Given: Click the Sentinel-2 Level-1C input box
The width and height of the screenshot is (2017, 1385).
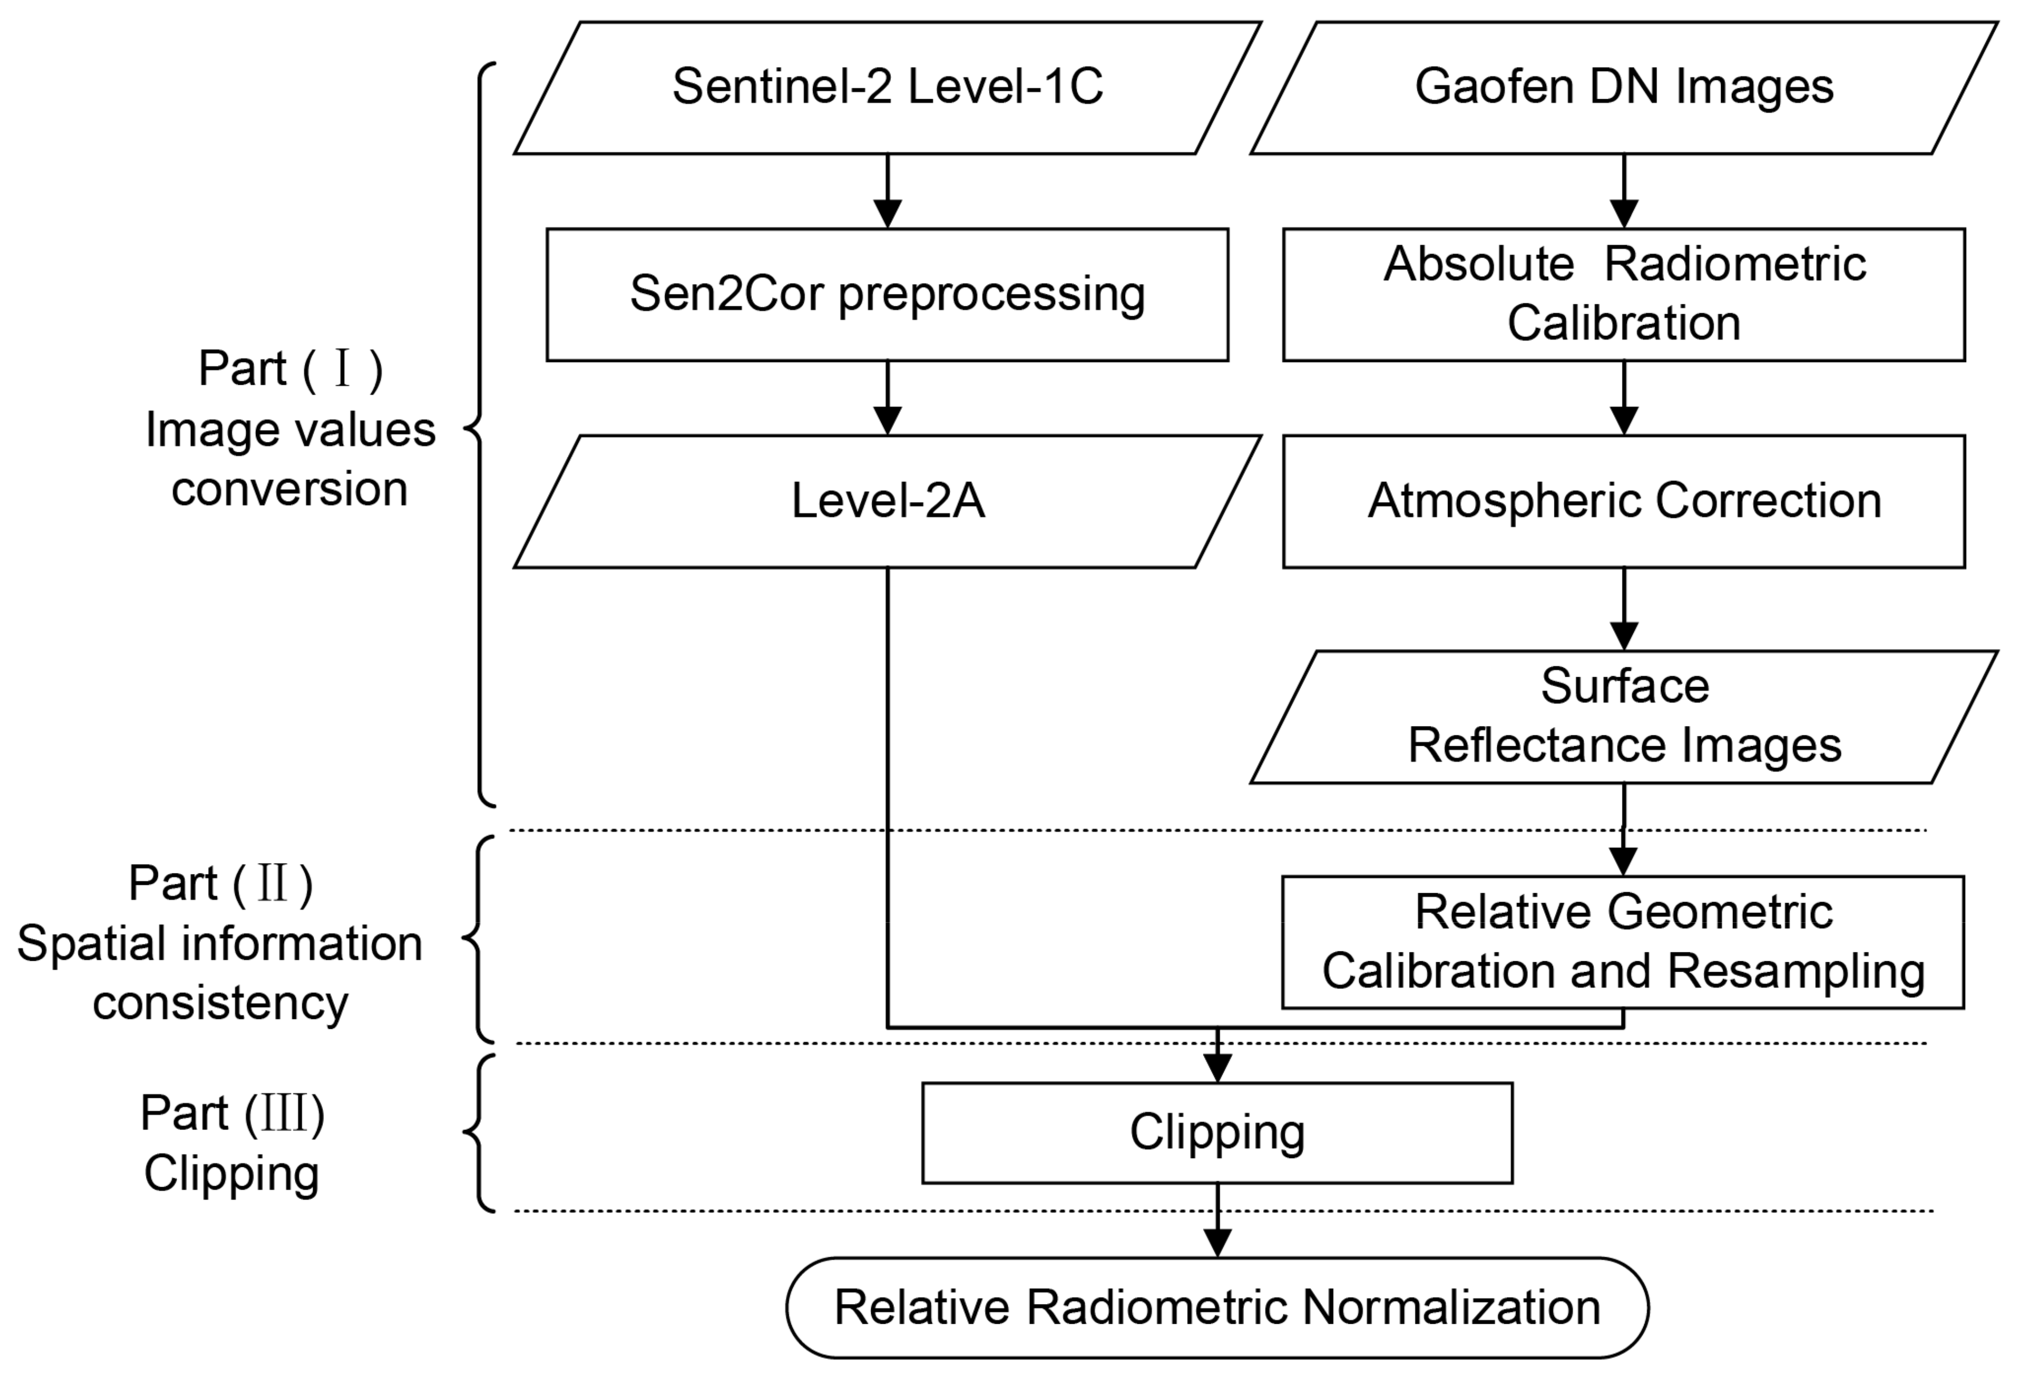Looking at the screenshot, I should (x=887, y=88).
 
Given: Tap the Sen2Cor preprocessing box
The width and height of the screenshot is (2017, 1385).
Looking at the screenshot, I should (x=887, y=294).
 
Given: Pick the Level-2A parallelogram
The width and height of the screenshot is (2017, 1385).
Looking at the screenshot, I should (x=887, y=501).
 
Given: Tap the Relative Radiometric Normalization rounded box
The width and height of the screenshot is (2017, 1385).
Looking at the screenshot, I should (x=1217, y=1308).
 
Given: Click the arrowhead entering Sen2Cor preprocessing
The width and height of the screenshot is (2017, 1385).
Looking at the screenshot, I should (x=887, y=213).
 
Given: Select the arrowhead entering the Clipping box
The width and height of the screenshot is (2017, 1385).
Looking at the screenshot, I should (x=1217, y=1068).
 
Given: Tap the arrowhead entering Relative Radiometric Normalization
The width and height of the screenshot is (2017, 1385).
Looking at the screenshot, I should (x=1217, y=1243).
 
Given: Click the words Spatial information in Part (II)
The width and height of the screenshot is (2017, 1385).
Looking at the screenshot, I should (x=220, y=944).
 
